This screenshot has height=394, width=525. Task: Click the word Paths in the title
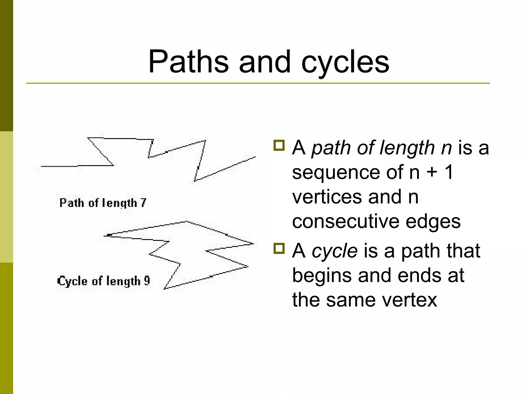(188, 62)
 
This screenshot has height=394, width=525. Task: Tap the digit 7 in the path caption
(143, 203)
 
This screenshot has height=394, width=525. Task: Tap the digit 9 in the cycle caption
(147, 281)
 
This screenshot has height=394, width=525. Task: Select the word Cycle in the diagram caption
(72, 281)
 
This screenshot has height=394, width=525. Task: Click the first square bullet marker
(279, 145)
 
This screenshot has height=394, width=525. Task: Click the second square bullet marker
(279, 248)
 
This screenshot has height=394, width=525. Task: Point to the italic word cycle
(335, 251)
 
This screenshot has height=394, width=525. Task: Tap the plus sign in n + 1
(432, 172)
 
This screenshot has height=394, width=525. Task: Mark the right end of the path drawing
(255, 157)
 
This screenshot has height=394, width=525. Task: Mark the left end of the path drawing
(42, 166)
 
